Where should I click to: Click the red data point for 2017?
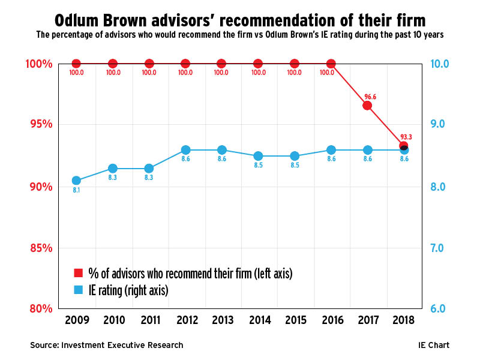click(x=367, y=106)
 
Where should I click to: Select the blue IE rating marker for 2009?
click(x=76, y=181)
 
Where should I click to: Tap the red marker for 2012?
click(x=185, y=64)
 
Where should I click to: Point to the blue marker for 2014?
click(x=258, y=156)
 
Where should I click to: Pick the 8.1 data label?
click(x=76, y=191)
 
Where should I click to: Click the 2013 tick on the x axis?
click(x=221, y=320)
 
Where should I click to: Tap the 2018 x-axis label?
click(x=403, y=320)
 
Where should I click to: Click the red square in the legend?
click(x=77, y=274)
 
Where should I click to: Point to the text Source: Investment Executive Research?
click(x=107, y=345)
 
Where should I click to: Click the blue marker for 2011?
click(x=149, y=169)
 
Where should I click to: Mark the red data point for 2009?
click(x=76, y=64)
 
